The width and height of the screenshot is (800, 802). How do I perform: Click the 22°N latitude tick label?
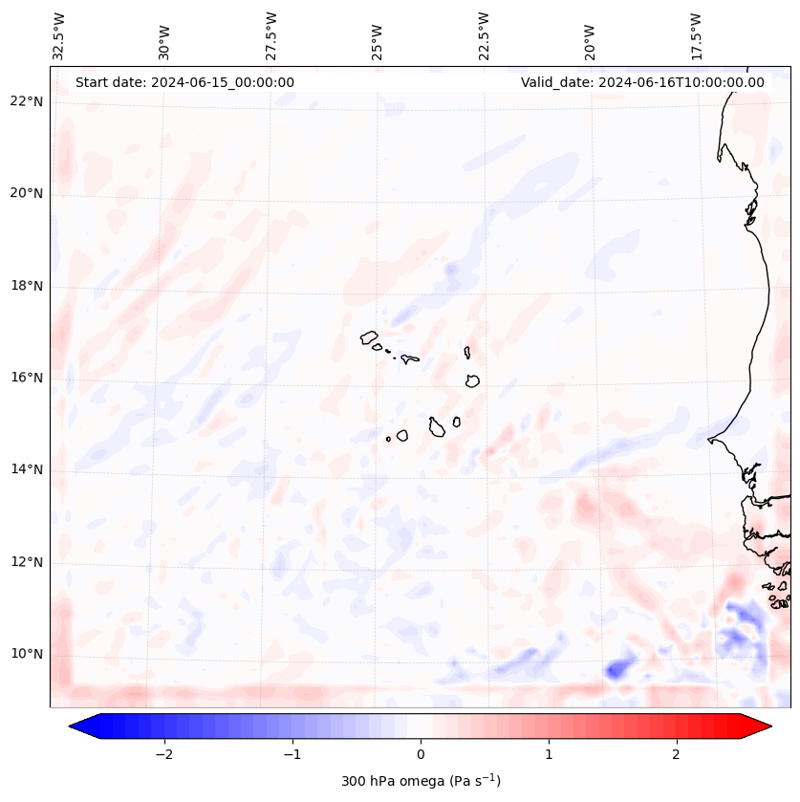28,102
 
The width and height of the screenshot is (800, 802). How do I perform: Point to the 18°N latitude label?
28,286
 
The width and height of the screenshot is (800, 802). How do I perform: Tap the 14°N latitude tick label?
28,469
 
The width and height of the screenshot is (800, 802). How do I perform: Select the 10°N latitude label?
28,654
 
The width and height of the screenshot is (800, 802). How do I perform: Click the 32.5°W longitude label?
59,36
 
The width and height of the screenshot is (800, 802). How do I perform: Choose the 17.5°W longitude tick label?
697,36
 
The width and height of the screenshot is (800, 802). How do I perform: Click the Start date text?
184,82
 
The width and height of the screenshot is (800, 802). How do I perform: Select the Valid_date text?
642,82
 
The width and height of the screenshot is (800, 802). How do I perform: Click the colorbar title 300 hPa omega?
421,781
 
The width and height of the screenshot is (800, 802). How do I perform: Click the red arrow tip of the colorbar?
765,726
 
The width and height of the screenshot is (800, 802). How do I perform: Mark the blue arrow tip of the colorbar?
76,726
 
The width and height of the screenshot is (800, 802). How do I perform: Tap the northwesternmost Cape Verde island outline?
369,336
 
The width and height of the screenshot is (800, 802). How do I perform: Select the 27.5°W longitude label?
271,36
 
